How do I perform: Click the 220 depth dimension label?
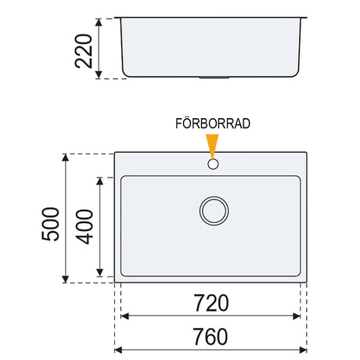point(84,51)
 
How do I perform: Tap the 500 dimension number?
point(50,224)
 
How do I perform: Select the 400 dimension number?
point(84,226)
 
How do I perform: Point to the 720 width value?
point(211,303)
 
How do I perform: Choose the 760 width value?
point(211,337)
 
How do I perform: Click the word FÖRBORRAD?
point(213,124)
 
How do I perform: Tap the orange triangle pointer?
point(212,146)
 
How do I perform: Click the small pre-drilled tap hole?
point(213,164)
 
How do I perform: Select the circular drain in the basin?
point(214,211)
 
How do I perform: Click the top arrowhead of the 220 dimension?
point(99,22)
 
